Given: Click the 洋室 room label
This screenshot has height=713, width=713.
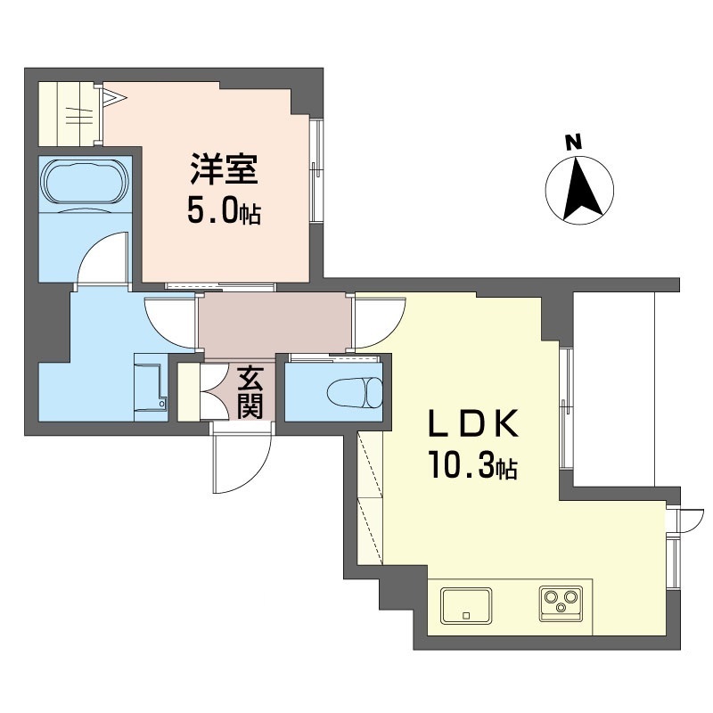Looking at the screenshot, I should click(223, 169).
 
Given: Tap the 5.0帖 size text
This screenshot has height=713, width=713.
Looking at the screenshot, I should click(223, 211).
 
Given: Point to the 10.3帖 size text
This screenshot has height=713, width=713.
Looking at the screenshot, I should click(472, 466).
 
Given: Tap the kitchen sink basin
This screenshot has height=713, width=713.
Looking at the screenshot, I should click(466, 605).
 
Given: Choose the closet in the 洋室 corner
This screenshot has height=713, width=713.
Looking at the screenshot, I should click(71, 111).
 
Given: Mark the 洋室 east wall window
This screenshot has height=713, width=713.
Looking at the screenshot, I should click(315, 168).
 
